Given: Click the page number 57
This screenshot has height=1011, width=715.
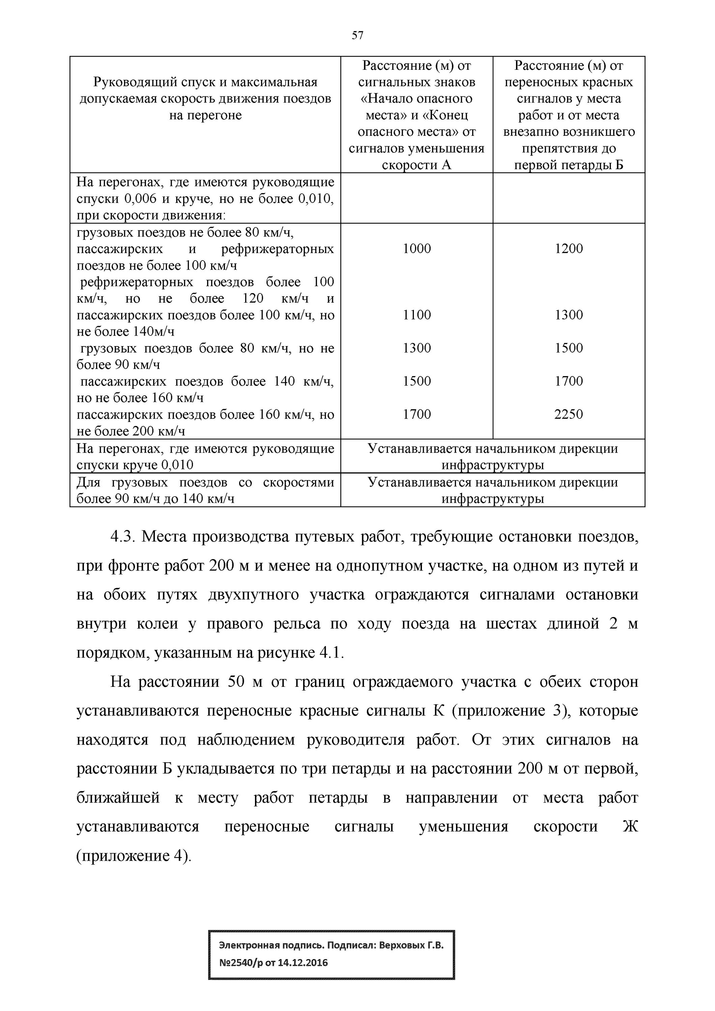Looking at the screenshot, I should tap(357, 35).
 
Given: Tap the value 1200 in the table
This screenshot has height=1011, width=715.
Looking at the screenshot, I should tap(568, 248).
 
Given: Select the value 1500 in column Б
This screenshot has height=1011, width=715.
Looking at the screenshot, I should tap(568, 348).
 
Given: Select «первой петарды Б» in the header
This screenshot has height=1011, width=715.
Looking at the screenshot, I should tap(568, 165).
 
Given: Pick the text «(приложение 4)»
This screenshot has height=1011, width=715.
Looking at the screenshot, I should tap(134, 856).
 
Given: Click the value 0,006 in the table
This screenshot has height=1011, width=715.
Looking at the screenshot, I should tap(141, 198).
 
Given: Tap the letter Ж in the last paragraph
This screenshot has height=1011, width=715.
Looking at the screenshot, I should tap(630, 827).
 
